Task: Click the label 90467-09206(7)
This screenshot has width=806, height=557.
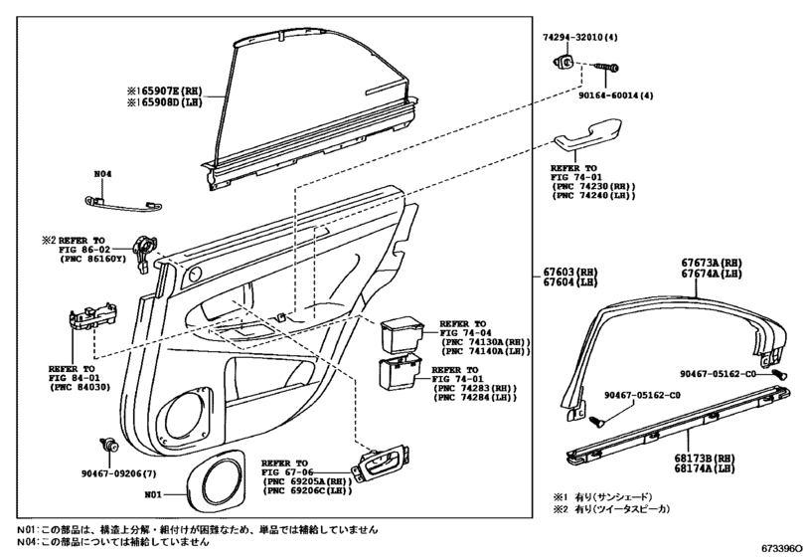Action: (x=116, y=474)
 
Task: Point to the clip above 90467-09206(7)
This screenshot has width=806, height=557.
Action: (x=103, y=444)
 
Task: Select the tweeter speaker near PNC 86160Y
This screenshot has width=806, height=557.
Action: (x=145, y=250)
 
